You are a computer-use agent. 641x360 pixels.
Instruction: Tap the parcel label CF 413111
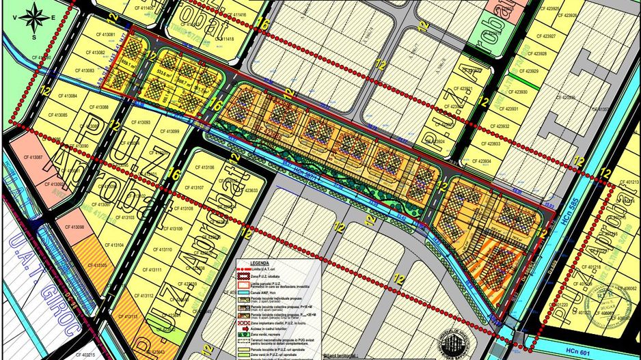click(153, 271)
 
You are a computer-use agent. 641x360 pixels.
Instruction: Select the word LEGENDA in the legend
click(260, 262)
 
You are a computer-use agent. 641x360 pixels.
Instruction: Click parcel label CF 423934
click(476, 161)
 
